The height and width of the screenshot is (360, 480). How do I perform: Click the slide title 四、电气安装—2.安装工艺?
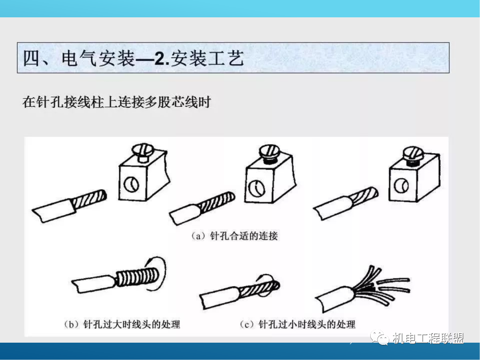[x=133, y=58]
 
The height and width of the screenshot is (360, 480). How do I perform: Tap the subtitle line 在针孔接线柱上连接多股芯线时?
[x=116, y=102]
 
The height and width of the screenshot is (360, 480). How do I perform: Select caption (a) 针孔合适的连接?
[x=234, y=236]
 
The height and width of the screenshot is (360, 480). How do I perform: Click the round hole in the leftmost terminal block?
[x=132, y=184]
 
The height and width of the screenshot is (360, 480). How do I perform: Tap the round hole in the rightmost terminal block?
[x=401, y=187]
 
